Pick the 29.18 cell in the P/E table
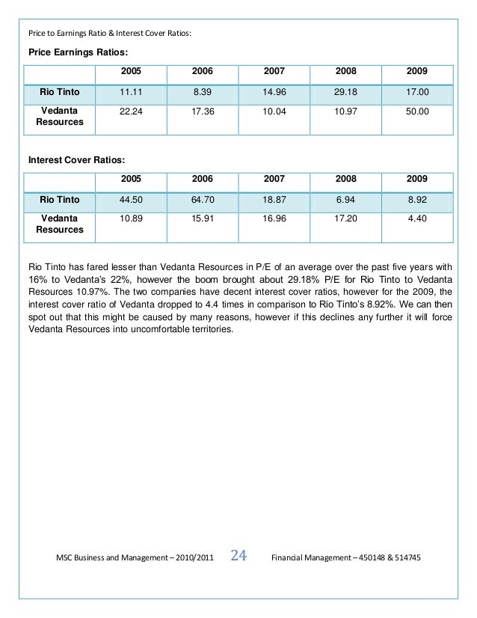pos(346,92)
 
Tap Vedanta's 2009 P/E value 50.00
pos(417,111)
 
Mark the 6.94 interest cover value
pos(346,200)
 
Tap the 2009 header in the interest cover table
pos(417,179)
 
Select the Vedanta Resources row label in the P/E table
pos(60,116)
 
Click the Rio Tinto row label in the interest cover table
pos(60,200)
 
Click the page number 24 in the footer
pos(239,555)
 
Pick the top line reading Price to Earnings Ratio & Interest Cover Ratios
pos(109,33)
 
